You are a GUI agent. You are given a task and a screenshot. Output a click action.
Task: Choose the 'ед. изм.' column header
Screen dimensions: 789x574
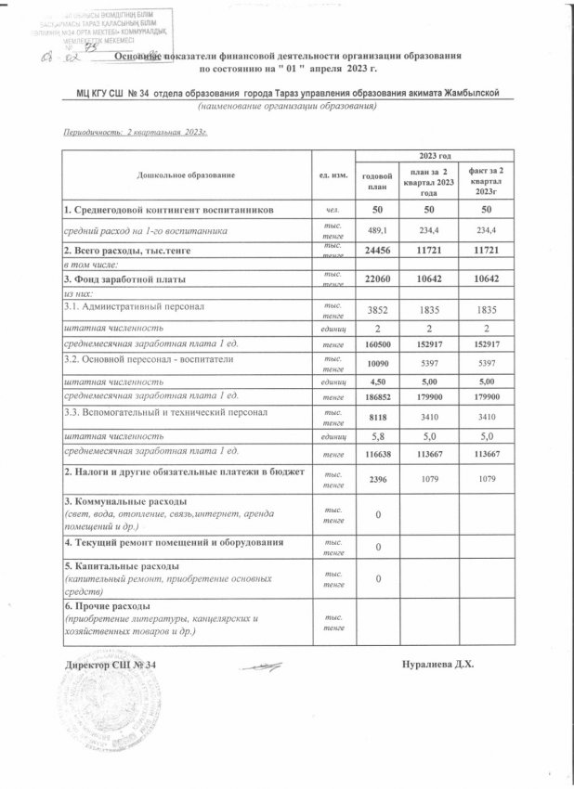332,175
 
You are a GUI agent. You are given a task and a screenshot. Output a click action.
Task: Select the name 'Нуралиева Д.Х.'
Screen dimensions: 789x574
438,665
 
